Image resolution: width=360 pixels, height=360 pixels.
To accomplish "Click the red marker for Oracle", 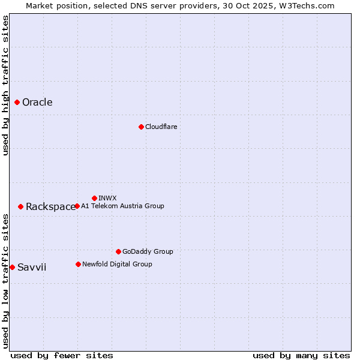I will pos(17,103).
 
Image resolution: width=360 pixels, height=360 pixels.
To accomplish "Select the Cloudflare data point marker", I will pos(141,127).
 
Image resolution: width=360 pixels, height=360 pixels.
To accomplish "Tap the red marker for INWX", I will pos(94,198).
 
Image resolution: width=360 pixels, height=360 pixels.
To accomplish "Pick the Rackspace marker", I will pos(20,206).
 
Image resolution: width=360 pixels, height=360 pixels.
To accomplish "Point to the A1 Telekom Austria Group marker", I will pos(77,206).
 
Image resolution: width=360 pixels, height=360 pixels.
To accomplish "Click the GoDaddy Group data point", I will pos(118,251).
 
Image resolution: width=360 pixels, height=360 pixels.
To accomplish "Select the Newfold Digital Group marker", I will pos(78,264).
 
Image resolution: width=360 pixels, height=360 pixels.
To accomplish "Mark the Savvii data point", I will pos(12,267).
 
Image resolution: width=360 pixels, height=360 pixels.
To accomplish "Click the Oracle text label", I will pos(37,103).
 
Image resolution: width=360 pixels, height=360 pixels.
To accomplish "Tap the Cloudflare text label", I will pos(161,127).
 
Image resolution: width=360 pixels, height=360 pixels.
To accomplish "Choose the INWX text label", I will pos(107,198).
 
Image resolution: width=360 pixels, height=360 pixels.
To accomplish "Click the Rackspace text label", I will pos(50,207).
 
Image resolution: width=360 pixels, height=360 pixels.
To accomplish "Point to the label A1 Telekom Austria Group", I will pos(122,206).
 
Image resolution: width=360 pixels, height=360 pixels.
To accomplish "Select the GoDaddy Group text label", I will pos(148,251).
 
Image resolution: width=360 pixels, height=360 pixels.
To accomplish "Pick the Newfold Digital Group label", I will pos(117,264).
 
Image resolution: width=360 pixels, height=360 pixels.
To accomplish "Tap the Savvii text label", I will pos(32,268).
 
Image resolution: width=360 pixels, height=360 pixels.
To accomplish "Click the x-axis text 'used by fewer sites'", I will pos(62,355).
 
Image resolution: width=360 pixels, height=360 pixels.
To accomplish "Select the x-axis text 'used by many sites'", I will pos(301,355).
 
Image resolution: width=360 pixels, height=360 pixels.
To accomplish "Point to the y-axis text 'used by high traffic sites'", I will pos(6,85).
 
